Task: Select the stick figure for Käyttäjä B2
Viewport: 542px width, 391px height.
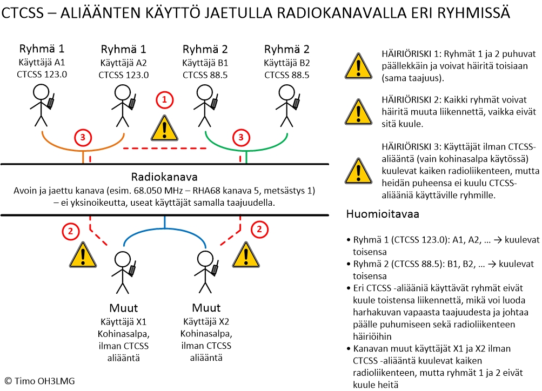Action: coord(287,105)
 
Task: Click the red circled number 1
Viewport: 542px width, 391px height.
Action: coord(164,100)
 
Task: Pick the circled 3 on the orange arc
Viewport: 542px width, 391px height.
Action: coord(82,138)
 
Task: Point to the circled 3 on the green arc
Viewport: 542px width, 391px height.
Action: coord(240,138)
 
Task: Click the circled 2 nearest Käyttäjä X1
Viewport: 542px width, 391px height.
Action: coord(70,231)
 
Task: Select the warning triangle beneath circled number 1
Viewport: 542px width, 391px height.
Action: coord(164,129)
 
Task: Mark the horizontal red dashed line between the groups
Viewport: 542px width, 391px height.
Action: coord(164,148)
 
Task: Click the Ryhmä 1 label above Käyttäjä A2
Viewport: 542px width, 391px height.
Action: coord(123,50)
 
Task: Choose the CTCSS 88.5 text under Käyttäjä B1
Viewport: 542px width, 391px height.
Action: coord(205,75)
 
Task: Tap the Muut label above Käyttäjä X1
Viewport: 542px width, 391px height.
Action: coord(123,308)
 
